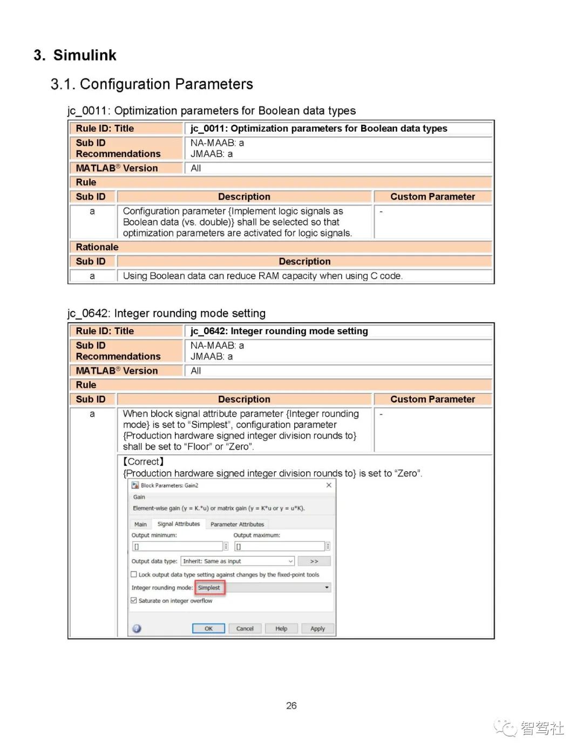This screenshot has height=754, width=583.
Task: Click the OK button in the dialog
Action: [208, 628]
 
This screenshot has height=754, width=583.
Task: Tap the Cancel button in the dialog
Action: [245, 628]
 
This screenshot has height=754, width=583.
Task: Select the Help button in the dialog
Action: [281, 628]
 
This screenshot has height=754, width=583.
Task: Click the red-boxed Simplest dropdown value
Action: [209, 588]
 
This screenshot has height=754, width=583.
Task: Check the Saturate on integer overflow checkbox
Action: [134, 601]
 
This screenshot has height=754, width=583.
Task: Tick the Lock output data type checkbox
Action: [134, 575]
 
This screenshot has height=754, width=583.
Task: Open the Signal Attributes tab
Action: [178, 524]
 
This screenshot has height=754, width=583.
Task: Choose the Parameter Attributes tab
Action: [237, 524]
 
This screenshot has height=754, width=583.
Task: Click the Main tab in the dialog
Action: [140, 524]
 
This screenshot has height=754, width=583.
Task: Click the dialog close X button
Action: [329, 485]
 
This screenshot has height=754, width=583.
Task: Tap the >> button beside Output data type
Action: [314, 561]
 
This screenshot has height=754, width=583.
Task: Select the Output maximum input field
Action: [279, 546]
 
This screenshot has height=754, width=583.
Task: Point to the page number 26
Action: [291, 705]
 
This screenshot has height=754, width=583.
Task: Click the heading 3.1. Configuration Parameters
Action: [152, 84]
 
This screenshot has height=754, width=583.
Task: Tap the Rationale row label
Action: [97, 247]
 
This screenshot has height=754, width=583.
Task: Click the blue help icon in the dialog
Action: [137, 628]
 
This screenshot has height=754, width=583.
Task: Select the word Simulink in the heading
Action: [85, 55]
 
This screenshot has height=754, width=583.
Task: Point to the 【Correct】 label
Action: [144, 461]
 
